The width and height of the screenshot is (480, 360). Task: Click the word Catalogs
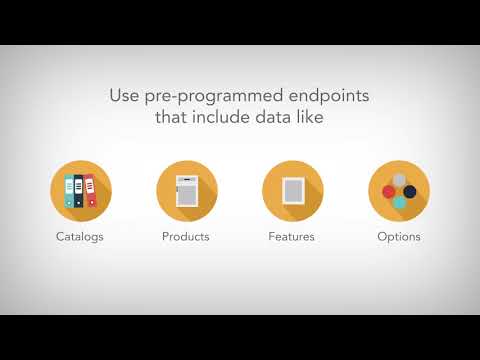pos(81,237)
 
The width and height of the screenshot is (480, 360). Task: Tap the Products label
pos(186,237)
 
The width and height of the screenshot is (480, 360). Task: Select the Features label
pos(292,237)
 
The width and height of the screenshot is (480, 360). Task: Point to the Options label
pos(398,237)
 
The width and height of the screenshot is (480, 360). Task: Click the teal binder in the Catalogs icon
pos(69,191)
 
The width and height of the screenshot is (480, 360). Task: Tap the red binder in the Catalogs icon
pos(91,189)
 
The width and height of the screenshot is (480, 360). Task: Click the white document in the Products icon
pos(187,190)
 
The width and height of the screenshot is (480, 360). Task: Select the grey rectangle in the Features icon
pos(292,190)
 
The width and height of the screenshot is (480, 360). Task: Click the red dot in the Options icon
pos(388,190)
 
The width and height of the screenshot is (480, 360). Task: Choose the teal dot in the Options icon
pos(399,201)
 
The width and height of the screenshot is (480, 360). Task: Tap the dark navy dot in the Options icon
pos(410,190)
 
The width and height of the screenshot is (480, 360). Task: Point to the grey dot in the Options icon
pos(399,180)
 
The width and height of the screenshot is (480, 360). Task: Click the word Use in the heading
pos(124,97)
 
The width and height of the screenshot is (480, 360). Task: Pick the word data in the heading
pos(273,119)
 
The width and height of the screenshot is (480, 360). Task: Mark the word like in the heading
pos(311,119)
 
